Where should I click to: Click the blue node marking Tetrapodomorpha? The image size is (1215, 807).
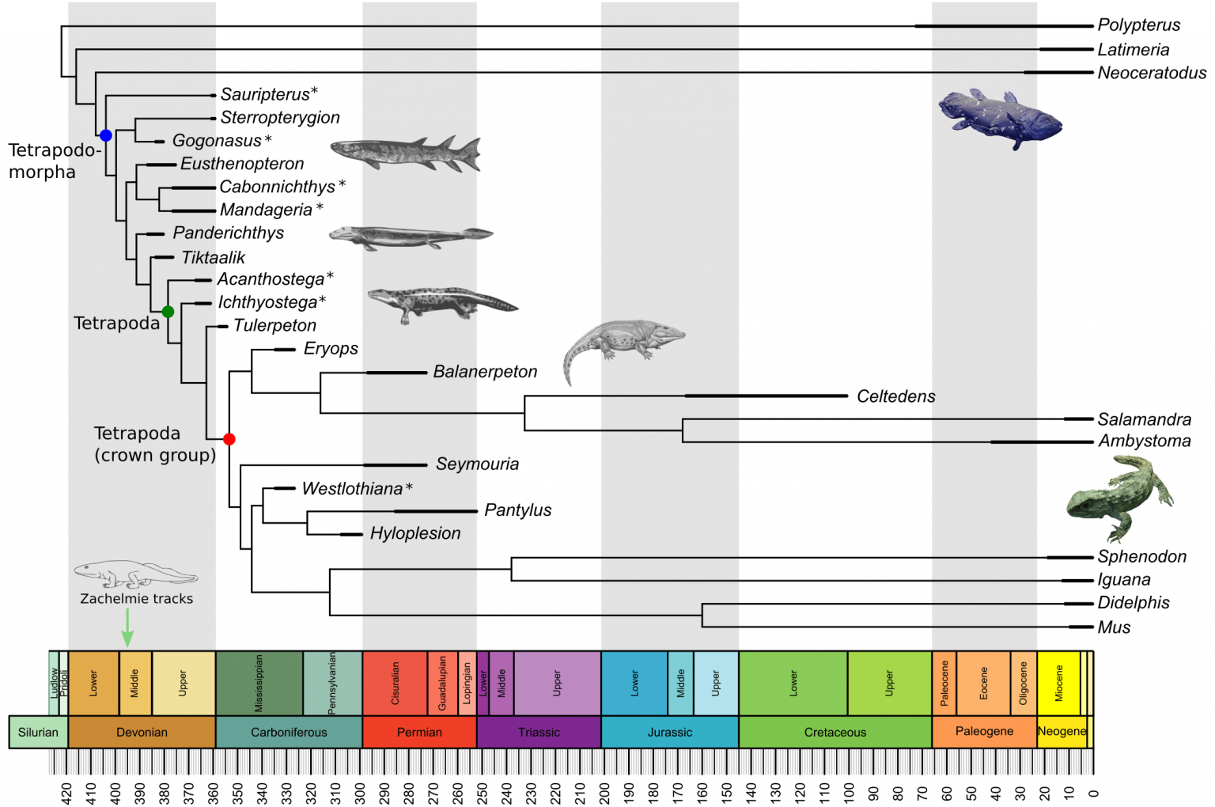pyautogui.click(x=105, y=135)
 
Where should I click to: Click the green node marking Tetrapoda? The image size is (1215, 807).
pyautogui.click(x=168, y=312)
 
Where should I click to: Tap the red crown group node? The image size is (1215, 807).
pyautogui.click(x=229, y=439)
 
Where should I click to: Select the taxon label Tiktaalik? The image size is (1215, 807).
pyautogui.click(x=214, y=257)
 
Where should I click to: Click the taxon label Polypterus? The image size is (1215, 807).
pyautogui.click(x=1138, y=25)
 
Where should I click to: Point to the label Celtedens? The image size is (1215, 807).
pyautogui.click(x=895, y=396)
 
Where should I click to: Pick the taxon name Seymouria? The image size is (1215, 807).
pyautogui.click(x=477, y=464)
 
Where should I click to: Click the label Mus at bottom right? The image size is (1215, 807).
pyautogui.click(x=1114, y=627)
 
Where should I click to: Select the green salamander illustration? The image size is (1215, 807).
pyautogui.click(x=1118, y=498)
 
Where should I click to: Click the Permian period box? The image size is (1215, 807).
pyautogui.click(x=419, y=732)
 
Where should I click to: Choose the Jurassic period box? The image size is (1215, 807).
pyautogui.click(x=669, y=732)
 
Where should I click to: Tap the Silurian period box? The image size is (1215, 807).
pyautogui.click(x=38, y=732)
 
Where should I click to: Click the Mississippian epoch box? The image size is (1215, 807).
pyautogui.click(x=259, y=683)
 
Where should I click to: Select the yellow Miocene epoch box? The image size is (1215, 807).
pyautogui.click(x=1058, y=683)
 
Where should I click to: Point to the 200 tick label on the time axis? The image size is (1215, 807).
pyautogui.click(x=604, y=792)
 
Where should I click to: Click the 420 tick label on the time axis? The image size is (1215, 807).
pyautogui.click(x=66, y=792)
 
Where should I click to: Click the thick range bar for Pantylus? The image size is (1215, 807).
pyautogui.click(x=435, y=511)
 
